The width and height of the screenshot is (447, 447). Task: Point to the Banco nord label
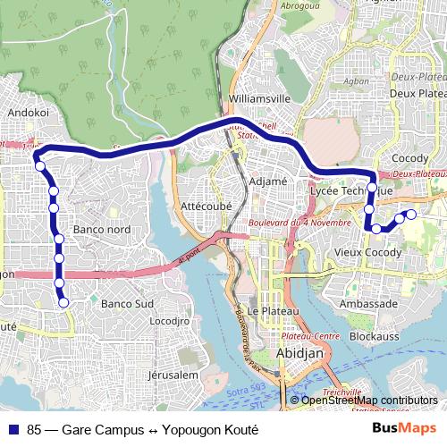pyautogui.click(x=102, y=230)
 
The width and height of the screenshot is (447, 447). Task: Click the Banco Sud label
pyautogui.click(x=127, y=304)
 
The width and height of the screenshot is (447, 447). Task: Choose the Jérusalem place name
pyautogui.click(x=173, y=375)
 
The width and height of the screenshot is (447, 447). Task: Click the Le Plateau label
pyautogui.click(x=266, y=311)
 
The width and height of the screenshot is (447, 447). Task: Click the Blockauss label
pyautogui.click(x=375, y=338)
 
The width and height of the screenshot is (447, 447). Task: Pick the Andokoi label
pyautogui.click(x=27, y=114)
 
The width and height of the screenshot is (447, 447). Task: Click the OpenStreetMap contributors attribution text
pyautogui.click(x=369, y=401)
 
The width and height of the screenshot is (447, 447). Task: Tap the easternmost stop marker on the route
pyautogui.click(x=411, y=214)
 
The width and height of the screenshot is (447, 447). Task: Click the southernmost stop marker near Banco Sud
pyautogui.click(x=64, y=303)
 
